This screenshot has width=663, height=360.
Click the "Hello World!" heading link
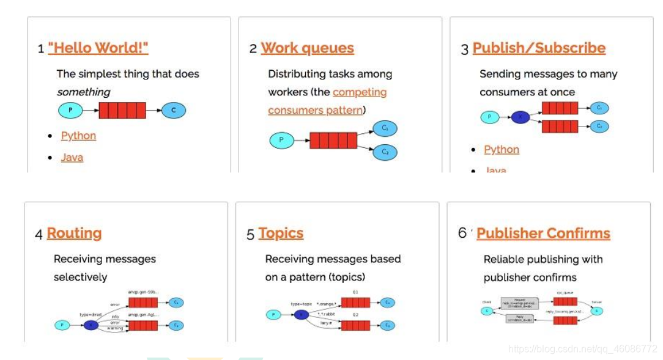(x=98, y=48)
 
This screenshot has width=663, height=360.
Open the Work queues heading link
(x=307, y=48)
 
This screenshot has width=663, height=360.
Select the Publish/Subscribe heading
(x=539, y=48)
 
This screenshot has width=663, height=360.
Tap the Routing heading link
(x=74, y=233)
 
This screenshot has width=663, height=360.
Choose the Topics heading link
(x=281, y=233)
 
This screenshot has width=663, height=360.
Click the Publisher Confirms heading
(x=543, y=233)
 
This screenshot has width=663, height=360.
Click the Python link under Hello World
(x=78, y=136)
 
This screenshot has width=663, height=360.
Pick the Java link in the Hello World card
(x=72, y=158)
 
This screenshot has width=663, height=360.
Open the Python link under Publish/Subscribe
(x=502, y=150)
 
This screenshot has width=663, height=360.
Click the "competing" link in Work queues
(x=360, y=92)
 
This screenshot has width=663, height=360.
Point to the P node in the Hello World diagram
(x=70, y=111)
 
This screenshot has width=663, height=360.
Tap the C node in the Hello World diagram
(x=174, y=111)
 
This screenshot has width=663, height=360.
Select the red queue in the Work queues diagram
(x=333, y=141)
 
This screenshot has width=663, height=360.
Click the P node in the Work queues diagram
(x=281, y=141)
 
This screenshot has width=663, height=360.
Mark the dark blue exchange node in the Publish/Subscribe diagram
(x=520, y=117)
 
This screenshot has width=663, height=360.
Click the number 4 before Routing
(x=39, y=235)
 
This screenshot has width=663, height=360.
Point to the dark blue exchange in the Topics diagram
(x=302, y=315)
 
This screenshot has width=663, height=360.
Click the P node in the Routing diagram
(x=62, y=325)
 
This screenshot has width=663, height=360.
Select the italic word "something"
(x=84, y=92)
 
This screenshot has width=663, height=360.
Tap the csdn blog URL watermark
(x=582, y=349)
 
